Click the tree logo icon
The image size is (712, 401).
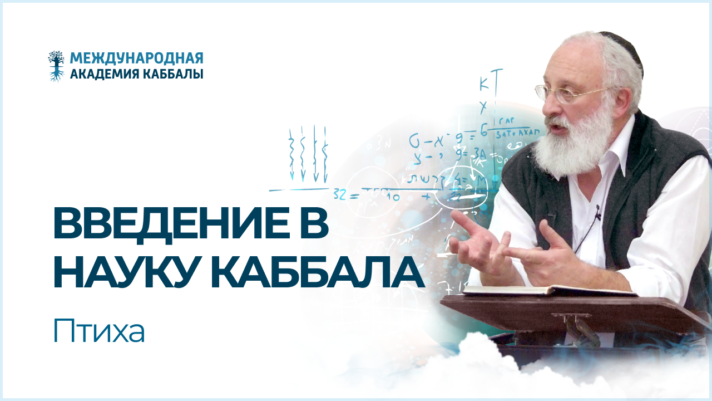[56, 66]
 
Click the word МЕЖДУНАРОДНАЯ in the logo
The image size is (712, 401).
[137, 58]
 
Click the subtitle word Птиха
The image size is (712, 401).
[99, 332]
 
